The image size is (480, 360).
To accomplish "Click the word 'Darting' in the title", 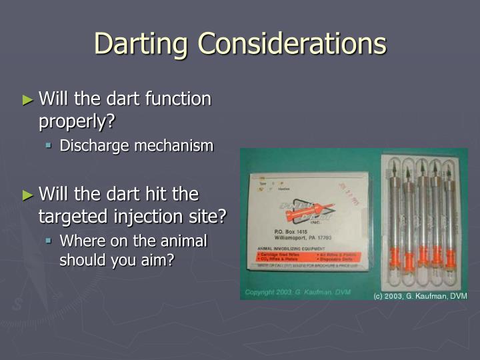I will pos(139,44).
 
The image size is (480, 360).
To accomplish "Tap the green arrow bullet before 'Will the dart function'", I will pos(27,101).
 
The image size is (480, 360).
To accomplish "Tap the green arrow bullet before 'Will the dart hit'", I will pos(27,195).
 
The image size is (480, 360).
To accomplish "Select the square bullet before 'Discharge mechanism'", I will pos(49,145).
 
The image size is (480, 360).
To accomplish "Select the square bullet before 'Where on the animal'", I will pos(49,241).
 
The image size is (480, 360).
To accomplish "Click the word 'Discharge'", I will pos(94,145).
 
